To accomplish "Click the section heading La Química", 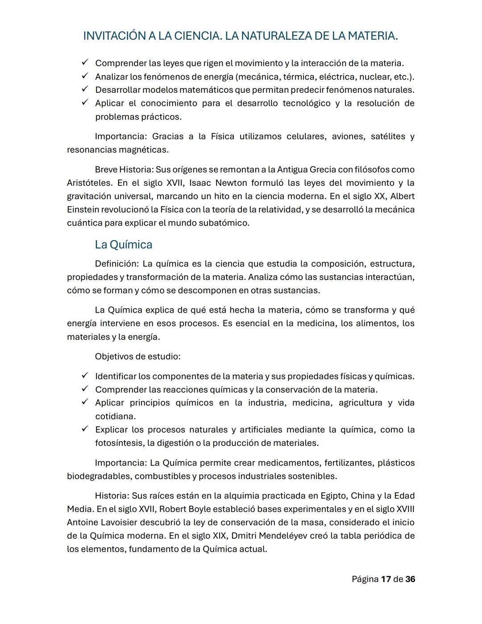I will coord(123,245).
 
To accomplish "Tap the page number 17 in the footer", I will coord(386,579).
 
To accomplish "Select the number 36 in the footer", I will coord(410,579).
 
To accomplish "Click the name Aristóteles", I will coord(89,183).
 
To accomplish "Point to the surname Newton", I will coord(231,183).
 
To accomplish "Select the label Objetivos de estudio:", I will coord(137,356).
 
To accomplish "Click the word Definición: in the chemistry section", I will coord(117,264).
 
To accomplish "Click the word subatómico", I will coord(225,223).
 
